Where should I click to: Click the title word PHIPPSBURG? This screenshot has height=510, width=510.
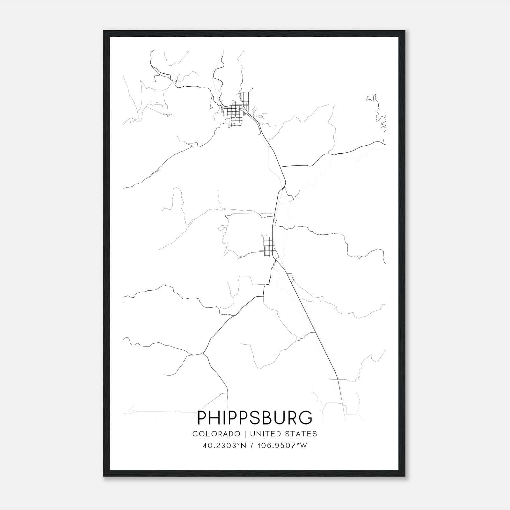click(255, 418)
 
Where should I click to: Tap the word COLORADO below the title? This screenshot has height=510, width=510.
click(216, 434)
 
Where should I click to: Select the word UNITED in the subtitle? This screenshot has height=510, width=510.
click(266, 434)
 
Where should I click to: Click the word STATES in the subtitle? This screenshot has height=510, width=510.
click(301, 434)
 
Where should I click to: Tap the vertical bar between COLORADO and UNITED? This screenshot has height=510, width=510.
click(245, 434)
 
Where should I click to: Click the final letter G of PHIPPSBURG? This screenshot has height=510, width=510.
click(306, 418)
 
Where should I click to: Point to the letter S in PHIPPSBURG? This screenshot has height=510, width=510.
click(254, 418)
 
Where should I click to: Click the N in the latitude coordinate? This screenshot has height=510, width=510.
click(244, 446)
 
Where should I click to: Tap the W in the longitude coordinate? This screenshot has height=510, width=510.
click(303, 446)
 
